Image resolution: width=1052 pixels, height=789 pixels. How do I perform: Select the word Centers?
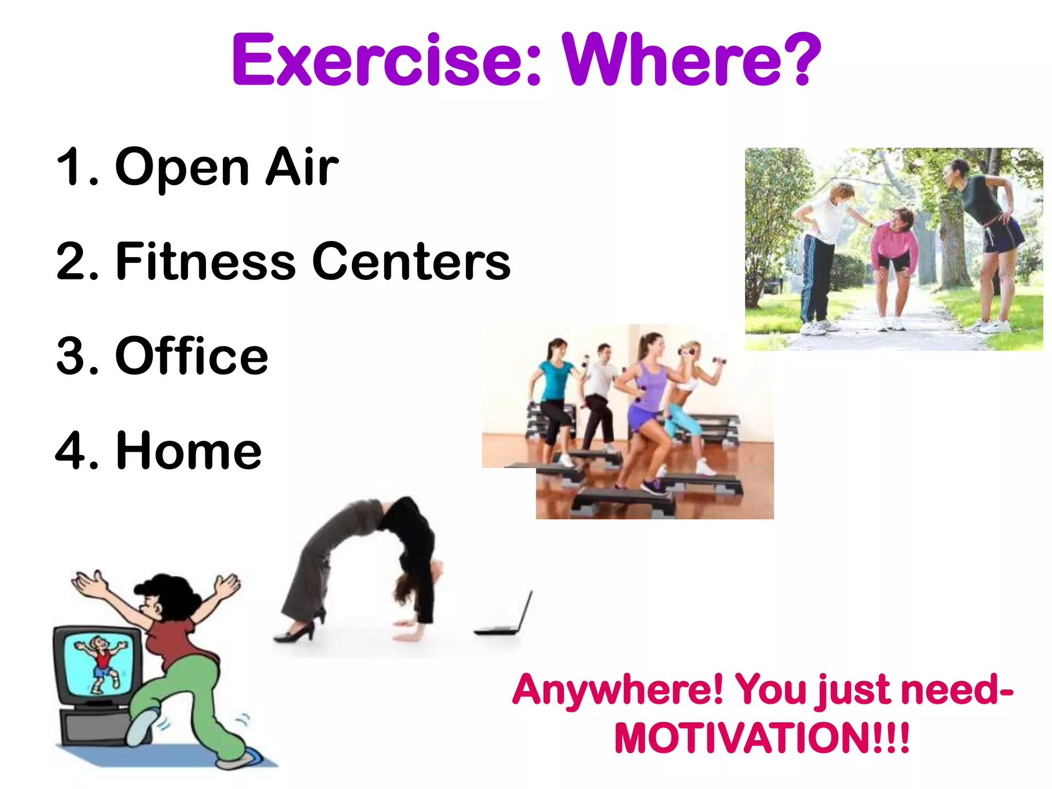(411, 262)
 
